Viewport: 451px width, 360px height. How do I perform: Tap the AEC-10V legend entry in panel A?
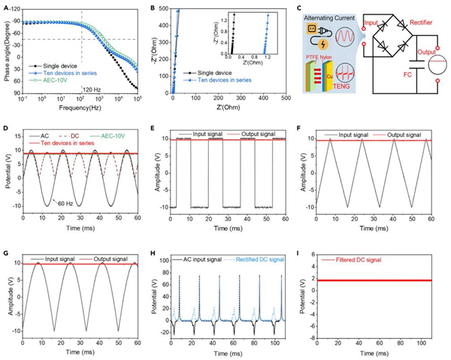(50, 77)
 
